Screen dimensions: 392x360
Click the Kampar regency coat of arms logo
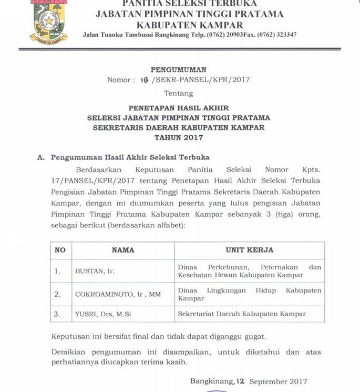click(49, 21)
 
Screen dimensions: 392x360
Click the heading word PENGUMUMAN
click(179, 69)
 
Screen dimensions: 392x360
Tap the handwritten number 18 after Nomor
click(145, 80)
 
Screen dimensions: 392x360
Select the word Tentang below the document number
click(179, 93)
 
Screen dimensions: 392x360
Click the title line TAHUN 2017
click(179, 137)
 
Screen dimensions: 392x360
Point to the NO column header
click(60, 250)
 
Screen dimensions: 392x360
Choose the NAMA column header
click(123, 250)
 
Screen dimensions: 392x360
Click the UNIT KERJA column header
click(250, 250)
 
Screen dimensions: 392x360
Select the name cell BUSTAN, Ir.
click(95, 272)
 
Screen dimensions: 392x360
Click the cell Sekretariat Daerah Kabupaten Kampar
click(242, 314)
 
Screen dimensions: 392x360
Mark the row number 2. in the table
click(58, 295)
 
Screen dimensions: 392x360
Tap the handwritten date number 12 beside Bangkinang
click(241, 381)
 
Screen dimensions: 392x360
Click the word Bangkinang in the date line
click(212, 381)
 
